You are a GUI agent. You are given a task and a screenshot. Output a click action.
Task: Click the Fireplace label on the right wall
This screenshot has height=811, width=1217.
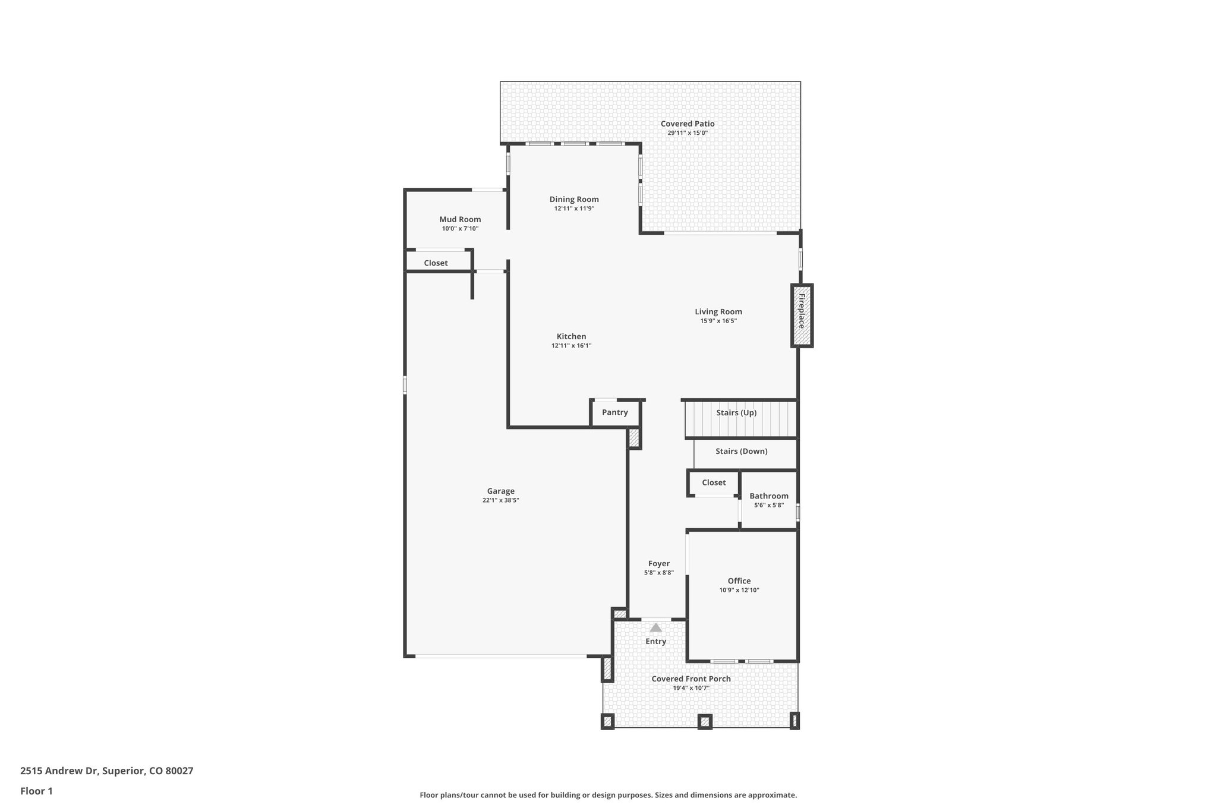tap(801, 311)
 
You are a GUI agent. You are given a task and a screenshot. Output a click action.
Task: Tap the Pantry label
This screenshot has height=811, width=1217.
tap(614, 412)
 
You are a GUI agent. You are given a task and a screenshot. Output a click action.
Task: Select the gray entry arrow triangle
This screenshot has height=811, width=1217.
tap(655, 627)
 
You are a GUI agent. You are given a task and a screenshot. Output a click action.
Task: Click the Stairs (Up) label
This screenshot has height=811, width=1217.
tap(736, 412)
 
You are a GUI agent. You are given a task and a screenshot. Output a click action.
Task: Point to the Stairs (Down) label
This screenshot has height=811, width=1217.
tap(741, 451)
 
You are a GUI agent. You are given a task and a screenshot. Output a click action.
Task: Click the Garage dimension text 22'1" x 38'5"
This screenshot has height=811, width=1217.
tap(500, 500)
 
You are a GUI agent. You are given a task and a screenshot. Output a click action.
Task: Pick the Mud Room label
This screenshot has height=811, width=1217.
tap(460, 219)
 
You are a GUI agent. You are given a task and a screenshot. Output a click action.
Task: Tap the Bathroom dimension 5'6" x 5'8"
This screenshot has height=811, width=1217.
tap(769, 505)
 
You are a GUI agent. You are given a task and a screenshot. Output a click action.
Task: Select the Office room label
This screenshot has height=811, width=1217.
tap(739, 581)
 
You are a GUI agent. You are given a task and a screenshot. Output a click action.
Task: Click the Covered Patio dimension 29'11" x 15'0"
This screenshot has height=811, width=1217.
tap(688, 133)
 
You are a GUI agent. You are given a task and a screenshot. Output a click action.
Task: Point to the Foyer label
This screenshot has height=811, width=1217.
tap(659, 563)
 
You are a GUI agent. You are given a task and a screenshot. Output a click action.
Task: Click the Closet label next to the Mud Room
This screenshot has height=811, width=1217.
tap(436, 263)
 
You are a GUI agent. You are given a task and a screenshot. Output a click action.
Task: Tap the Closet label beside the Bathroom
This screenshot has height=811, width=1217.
tap(714, 482)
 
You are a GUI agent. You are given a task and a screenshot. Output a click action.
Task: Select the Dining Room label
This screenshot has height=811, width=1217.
tap(574, 199)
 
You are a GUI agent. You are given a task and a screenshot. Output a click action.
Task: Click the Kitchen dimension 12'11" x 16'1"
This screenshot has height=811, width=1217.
tap(571, 346)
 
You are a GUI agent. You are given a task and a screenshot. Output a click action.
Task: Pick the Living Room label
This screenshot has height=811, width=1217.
tap(718, 311)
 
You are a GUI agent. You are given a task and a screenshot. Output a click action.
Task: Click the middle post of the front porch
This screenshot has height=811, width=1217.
tap(704, 721)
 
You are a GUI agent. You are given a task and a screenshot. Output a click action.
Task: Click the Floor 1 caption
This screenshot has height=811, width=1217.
tap(36, 791)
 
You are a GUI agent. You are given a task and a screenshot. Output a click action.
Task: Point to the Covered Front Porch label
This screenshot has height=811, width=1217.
tap(691, 679)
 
